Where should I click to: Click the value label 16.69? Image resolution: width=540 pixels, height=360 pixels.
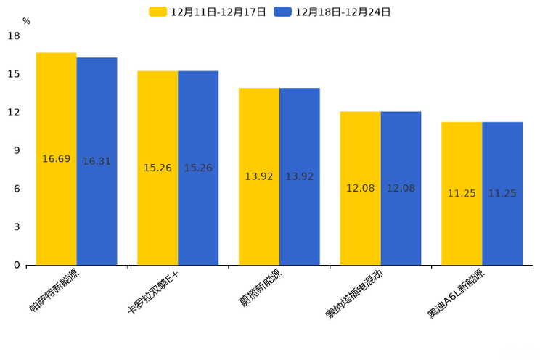click(x=57, y=159)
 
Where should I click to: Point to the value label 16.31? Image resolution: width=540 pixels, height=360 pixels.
click(x=97, y=162)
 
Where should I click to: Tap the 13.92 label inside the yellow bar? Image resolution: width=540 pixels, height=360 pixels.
click(x=259, y=177)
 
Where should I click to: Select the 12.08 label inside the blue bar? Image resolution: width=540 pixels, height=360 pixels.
click(x=401, y=189)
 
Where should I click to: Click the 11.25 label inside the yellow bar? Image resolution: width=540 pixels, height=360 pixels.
click(x=462, y=194)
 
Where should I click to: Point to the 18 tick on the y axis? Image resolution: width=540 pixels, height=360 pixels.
click(x=14, y=36)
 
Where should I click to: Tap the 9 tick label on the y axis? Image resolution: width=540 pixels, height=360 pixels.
click(x=17, y=151)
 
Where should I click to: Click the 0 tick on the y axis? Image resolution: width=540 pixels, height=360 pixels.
click(x=17, y=266)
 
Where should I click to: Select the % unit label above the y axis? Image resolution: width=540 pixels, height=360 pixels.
click(x=26, y=22)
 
